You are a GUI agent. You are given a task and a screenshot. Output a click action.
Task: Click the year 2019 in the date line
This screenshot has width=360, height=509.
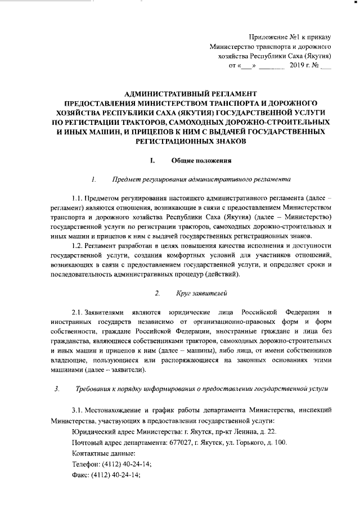tap(297, 66)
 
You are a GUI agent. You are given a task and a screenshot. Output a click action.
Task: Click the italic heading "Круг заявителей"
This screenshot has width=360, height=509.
tap(202, 293)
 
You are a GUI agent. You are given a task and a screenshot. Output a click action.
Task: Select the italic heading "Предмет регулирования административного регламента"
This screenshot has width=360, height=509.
tap(201, 180)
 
